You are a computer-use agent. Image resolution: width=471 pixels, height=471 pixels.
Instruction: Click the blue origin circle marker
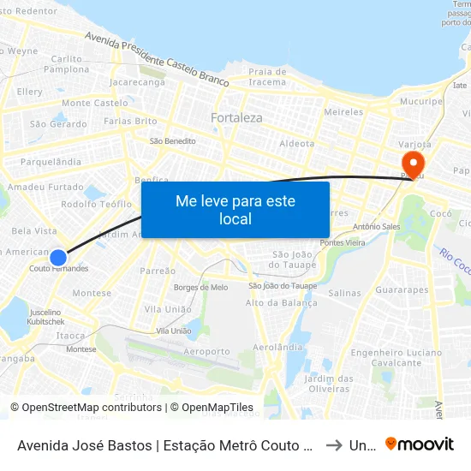(x=58, y=257)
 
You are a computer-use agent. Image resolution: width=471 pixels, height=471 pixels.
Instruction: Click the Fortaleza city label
(x=236, y=117)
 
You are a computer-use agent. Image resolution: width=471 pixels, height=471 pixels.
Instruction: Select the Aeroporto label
(x=206, y=351)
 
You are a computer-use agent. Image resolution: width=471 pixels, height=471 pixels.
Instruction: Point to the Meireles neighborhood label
(x=344, y=112)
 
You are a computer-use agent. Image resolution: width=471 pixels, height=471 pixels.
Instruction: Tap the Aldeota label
(x=297, y=144)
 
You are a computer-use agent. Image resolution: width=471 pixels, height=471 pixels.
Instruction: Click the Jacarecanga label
(x=137, y=83)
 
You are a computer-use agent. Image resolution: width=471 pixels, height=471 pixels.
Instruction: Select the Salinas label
(x=344, y=293)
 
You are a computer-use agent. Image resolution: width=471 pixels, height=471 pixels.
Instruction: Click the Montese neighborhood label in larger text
(x=92, y=293)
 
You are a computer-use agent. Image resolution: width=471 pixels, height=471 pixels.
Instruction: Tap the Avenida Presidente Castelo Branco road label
(x=157, y=61)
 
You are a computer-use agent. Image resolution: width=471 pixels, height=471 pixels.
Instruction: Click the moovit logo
(x=419, y=444)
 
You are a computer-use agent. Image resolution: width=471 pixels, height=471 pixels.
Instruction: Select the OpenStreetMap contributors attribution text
(x=89, y=408)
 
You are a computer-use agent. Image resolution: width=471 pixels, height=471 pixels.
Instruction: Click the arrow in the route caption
(x=334, y=444)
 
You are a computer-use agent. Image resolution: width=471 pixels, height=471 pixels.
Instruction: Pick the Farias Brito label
(x=129, y=122)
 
